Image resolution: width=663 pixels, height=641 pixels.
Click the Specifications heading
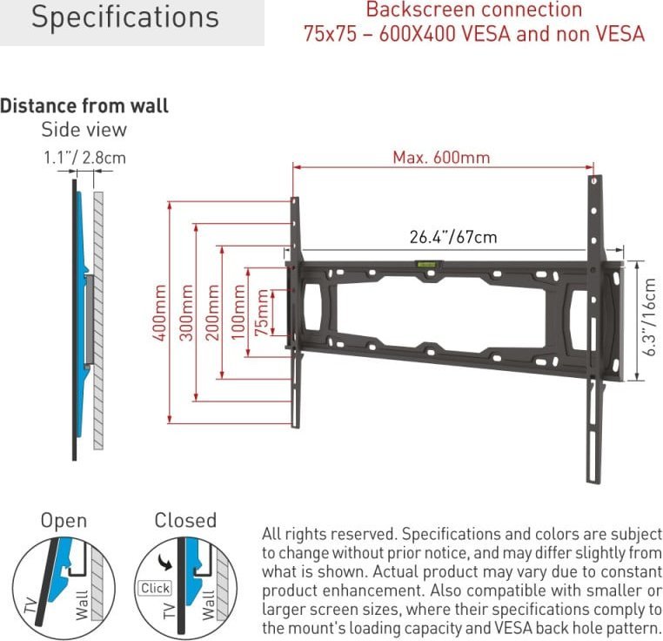click(125, 17)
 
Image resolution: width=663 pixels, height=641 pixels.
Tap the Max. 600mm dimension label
click(441, 158)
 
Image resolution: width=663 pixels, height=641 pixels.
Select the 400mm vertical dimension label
click(160, 313)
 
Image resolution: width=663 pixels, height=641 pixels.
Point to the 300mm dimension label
click(186, 313)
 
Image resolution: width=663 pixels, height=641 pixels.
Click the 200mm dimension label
click(212, 313)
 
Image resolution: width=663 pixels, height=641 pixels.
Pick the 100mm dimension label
click(238, 313)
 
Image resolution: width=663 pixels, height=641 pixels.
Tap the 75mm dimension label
click(261, 313)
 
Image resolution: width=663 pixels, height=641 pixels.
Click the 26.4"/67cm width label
click(453, 237)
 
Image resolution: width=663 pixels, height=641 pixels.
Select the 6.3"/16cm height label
click(650, 317)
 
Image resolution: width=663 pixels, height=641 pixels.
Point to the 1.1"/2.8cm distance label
click(85, 158)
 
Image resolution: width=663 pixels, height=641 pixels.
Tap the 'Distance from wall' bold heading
click(84, 106)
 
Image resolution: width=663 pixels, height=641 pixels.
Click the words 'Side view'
click(84, 130)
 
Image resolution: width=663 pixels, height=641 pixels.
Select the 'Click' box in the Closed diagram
click(155, 588)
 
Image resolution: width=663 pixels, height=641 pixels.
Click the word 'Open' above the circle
click(64, 521)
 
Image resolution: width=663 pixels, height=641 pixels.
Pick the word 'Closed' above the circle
click(185, 520)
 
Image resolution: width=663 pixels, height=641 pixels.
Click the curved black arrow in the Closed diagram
click(165, 563)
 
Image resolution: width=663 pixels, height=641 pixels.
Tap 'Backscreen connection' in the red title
click(474, 10)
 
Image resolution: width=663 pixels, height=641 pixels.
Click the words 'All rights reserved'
click(330, 534)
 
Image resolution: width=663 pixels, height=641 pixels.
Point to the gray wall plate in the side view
click(90, 320)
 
